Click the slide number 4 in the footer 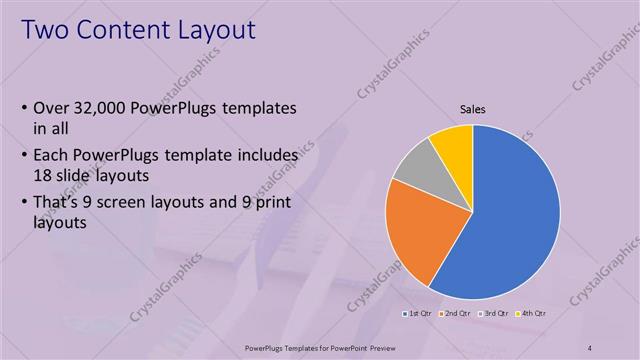[590, 346]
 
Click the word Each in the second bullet [52, 156]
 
